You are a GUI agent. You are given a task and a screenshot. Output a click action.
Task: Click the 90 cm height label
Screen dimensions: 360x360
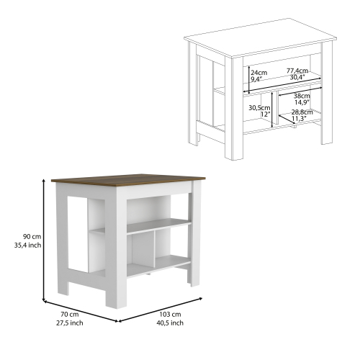[32, 237]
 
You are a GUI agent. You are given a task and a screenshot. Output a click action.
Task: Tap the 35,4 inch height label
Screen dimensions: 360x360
[27, 246]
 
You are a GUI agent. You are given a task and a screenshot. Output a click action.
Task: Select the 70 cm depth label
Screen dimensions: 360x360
[70, 314]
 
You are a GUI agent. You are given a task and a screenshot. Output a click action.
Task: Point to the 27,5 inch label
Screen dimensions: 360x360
[70, 323]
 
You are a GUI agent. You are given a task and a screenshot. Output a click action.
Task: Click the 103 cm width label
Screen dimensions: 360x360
[170, 314]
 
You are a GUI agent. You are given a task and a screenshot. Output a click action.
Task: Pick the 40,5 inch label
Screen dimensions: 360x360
[170, 323]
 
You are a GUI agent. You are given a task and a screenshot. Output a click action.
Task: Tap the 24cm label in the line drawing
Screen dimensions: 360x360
[259, 72]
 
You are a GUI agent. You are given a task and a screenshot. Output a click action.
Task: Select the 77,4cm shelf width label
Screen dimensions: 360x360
[297, 71]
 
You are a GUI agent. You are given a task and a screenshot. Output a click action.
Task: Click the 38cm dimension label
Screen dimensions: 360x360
[302, 96]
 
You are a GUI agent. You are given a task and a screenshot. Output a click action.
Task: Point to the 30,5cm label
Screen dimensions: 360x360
[259, 108]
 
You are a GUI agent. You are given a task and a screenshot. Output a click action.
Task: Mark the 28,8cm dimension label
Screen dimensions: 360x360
[302, 112]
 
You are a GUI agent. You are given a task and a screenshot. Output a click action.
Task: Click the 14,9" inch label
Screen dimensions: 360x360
[302, 102]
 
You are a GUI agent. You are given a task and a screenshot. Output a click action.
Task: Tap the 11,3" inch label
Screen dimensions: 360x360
[300, 118]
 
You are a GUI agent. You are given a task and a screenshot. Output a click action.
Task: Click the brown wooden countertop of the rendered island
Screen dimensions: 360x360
[128, 181]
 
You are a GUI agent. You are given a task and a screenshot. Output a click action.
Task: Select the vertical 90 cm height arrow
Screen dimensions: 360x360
[44, 240]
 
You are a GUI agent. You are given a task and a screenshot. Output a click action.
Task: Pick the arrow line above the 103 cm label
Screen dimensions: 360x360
[161, 310]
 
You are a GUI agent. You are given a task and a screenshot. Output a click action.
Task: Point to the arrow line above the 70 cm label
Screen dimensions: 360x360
[81, 311]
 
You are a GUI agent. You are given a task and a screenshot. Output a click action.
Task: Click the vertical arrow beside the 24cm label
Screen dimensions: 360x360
[249, 80]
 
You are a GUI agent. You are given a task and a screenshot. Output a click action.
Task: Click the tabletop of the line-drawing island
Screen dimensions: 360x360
[260, 38]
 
